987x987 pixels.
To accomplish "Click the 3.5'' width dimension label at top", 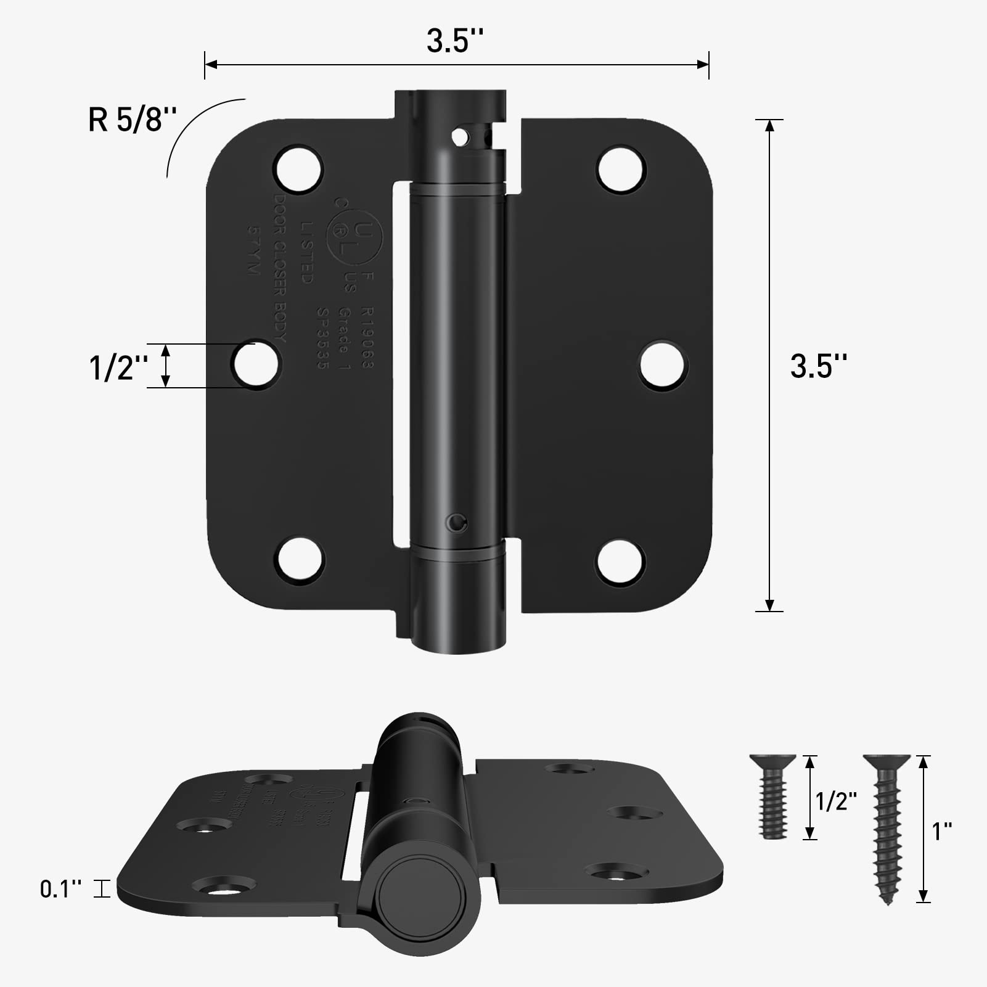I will click(455, 41).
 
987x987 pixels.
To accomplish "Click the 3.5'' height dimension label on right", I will click(819, 366).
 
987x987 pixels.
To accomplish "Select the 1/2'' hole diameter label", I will click(118, 367).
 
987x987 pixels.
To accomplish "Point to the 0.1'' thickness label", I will click(60, 889).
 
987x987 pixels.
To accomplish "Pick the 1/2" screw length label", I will click(837, 801).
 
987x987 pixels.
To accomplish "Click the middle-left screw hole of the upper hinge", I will click(255, 364).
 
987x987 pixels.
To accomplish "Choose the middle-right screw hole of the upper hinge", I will click(663, 366).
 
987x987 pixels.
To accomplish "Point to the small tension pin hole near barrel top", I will click(459, 137).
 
